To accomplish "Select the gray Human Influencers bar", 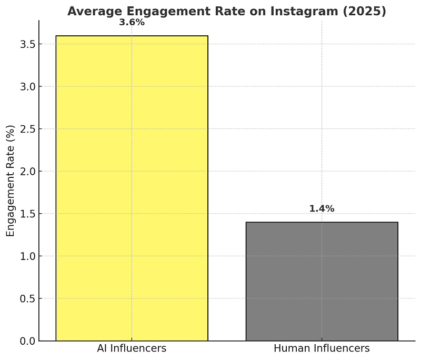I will pyautogui.click(x=322, y=282).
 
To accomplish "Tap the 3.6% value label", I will pyautogui.click(x=132, y=23).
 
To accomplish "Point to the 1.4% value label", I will pyautogui.click(x=322, y=209).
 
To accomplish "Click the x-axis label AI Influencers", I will pyautogui.click(x=132, y=348).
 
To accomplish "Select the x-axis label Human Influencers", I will pyautogui.click(x=322, y=348).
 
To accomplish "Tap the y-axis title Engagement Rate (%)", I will pyautogui.click(x=11, y=181).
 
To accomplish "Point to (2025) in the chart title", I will pyautogui.click(x=366, y=11).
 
